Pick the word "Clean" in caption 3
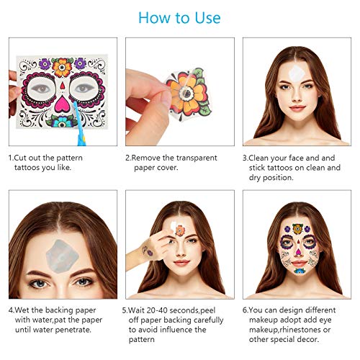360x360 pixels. [x=266, y=157]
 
